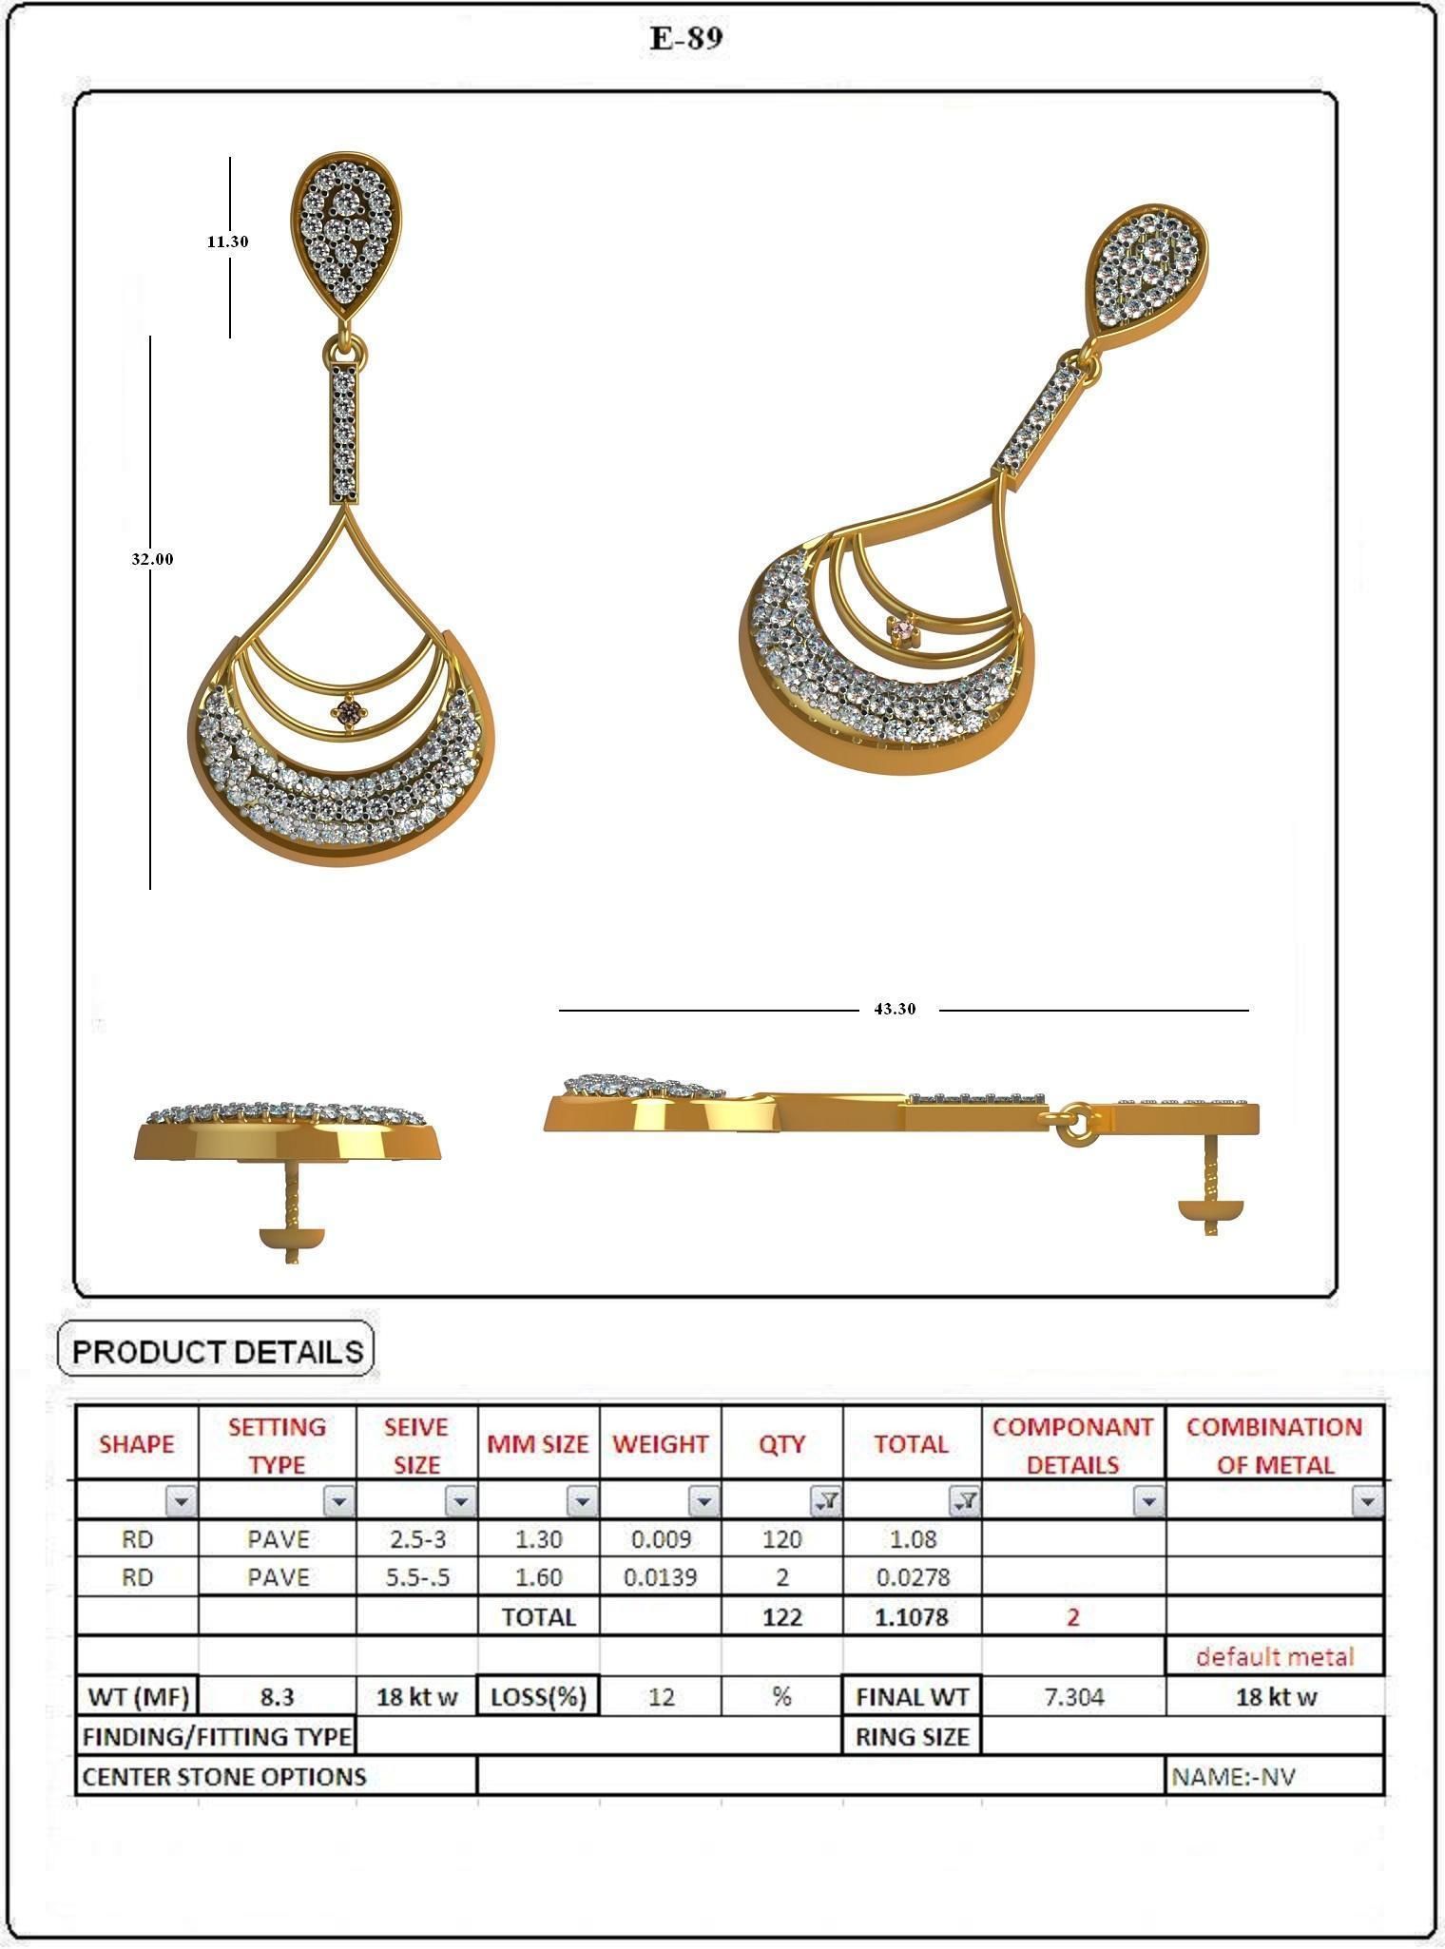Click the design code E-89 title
pos(686,38)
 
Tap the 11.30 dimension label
pos(228,241)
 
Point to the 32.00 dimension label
pos(152,559)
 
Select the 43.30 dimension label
pos(895,1009)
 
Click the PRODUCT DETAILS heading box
pos(217,1351)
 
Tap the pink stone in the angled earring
pos(901,627)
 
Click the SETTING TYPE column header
pos(277,1445)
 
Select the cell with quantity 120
pos(781,1538)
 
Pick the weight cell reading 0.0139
pos(660,1577)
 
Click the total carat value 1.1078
pos(911,1617)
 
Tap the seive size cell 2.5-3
pos(416,1538)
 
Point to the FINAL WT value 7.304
pos(1073,1697)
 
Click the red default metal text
pos(1274,1657)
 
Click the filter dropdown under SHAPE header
pos(182,1501)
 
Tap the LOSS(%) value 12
pos(660,1697)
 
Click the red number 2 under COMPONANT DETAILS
pos(1073,1617)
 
